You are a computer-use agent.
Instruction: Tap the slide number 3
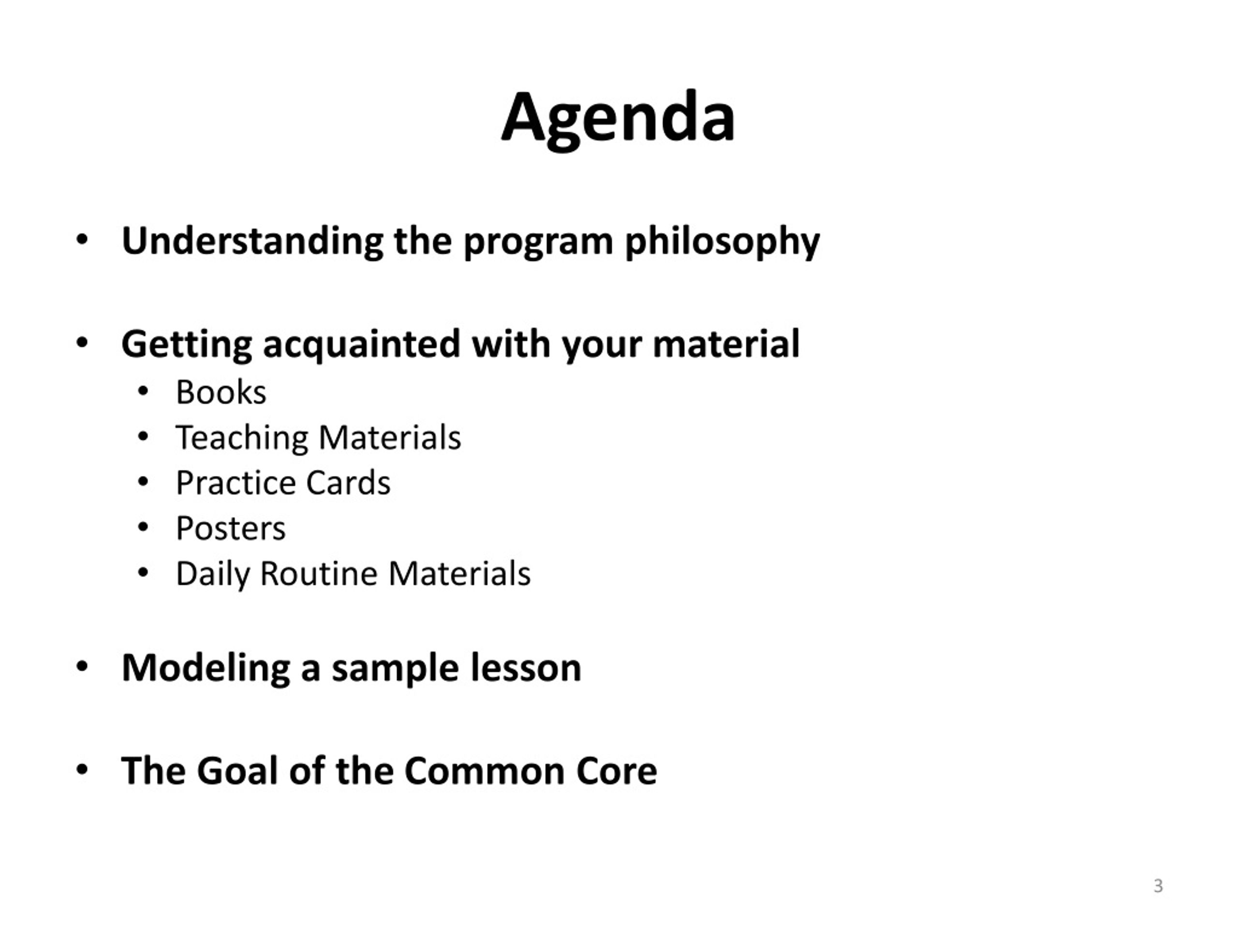tap(1158, 885)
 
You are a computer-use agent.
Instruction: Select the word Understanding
tap(252, 241)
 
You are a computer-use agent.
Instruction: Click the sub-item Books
tap(221, 391)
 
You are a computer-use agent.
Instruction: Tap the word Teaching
tap(242, 438)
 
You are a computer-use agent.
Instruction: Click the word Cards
tap(348, 483)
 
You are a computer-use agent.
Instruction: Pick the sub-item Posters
tap(231, 528)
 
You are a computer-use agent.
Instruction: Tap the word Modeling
tap(206, 669)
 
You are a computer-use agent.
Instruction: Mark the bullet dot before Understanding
tap(82, 240)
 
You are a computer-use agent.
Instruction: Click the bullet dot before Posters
tap(143, 527)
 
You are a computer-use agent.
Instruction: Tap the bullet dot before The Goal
tap(82, 769)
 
